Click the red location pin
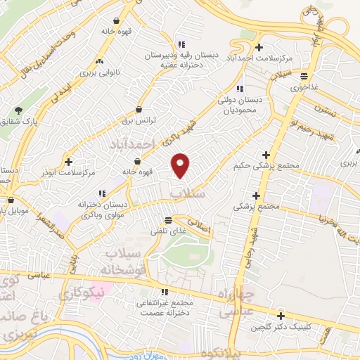coord(181,165)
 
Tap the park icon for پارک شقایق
coord(18,110)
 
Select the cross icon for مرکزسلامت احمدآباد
coord(259,47)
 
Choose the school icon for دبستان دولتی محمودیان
coord(240,89)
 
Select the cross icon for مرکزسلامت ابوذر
coord(68,161)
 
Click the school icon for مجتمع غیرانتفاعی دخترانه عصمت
coord(164,292)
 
